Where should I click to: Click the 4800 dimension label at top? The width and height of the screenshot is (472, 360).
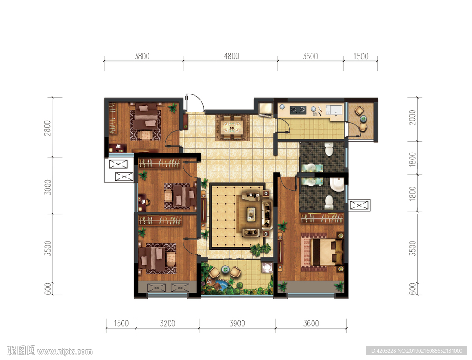click(x=231, y=56)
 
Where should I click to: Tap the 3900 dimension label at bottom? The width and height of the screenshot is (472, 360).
click(x=237, y=323)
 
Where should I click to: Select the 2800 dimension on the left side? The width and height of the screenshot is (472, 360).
click(x=47, y=128)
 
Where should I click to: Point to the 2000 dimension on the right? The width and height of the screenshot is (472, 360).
click(x=413, y=118)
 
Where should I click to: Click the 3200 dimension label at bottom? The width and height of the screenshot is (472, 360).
click(x=167, y=323)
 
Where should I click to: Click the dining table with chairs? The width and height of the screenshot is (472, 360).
click(x=232, y=127)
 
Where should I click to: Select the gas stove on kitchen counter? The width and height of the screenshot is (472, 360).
click(x=298, y=110)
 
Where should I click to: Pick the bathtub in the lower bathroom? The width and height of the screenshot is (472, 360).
click(x=337, y=184)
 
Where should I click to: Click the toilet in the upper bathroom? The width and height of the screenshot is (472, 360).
click(x=329, y=149)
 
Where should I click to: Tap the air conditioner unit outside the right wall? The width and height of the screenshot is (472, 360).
click(x=359, y=205)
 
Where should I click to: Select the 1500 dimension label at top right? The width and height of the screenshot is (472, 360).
click(x=360, y=56)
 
